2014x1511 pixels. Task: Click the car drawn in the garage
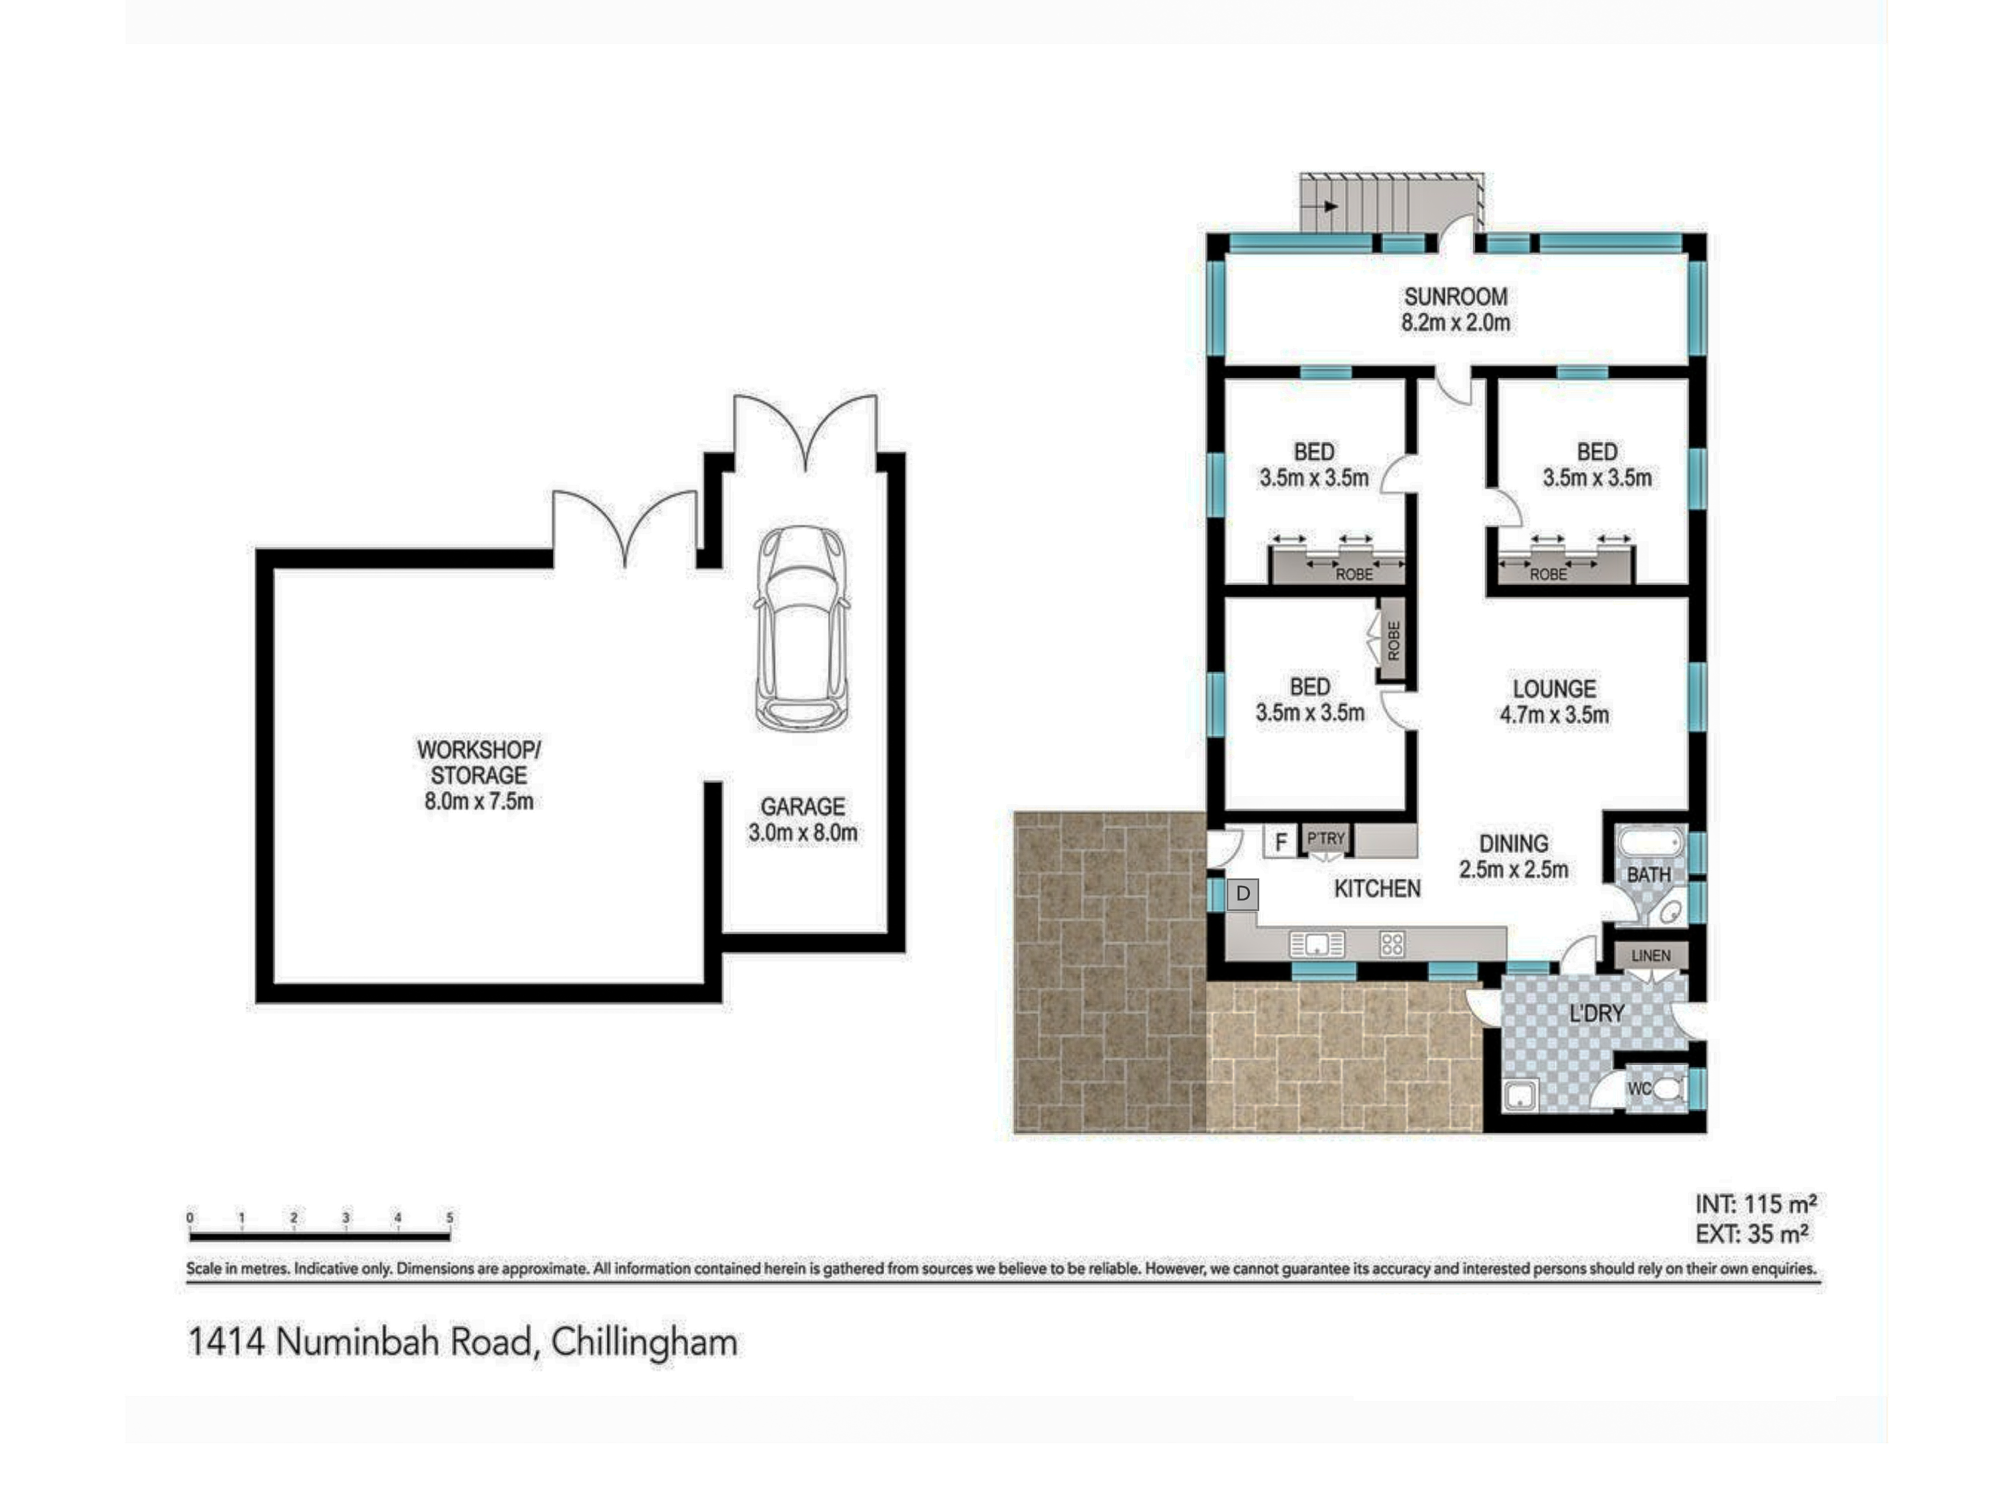click(802, 629)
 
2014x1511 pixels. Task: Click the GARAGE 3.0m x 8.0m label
click(802, 819)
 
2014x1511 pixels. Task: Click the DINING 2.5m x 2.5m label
click(1513, 856)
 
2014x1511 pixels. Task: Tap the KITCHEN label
click(1377, 889)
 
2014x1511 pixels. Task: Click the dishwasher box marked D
click(1243, 894)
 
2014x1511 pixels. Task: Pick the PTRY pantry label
click(1326, 838)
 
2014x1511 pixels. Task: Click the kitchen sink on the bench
click(1317, 943)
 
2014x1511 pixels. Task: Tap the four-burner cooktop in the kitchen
click(1391, 943)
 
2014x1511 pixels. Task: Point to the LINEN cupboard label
click(1650, 955)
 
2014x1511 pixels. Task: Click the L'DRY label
click(1596, 1013)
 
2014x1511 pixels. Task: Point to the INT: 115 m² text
click(1755, 1204)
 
